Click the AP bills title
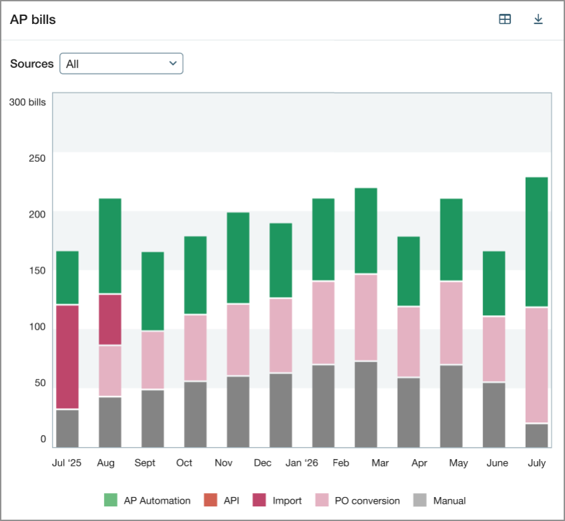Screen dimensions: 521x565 [33, 19]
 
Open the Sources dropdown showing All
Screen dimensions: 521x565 [121, 63]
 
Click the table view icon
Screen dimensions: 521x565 [505, 19]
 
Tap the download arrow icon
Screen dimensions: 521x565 [538, 19]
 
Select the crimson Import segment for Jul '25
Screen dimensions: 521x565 [67, 357]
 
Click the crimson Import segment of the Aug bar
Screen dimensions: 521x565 [110, 320]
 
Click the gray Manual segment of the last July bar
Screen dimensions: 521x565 [536, 436]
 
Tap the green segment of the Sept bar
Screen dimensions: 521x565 [153, 291]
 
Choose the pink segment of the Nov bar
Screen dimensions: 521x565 [238, 340]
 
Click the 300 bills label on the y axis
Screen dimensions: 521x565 [27, 102]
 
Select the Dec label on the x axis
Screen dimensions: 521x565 [263, 463]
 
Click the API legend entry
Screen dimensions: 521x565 [223, 500]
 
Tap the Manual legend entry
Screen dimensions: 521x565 [439, 500]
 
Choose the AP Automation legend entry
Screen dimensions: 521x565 [148, 500]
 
